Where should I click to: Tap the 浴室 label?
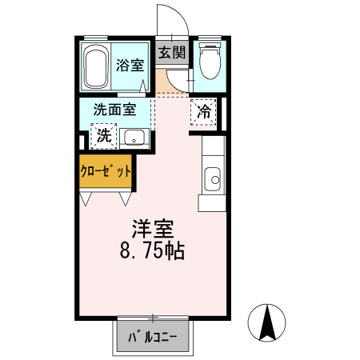pyautogui.click(x=130, y=66)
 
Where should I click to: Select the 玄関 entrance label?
pyautogui.click(x=171, y=52)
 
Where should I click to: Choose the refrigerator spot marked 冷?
pyautogui.click(x=204, y=112)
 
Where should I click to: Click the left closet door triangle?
pyautogui.click(x=86, y=194)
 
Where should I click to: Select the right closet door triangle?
pyautogui.click(x=126, y=194)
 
